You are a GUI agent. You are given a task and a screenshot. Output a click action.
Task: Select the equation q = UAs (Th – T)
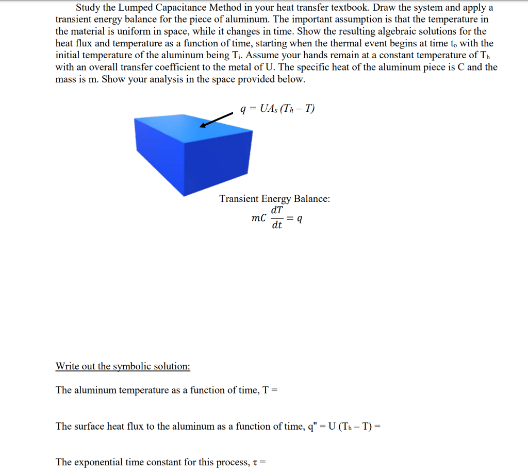click(x=277, y=109)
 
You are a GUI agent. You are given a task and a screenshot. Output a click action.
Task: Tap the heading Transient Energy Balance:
click(x=275, y=199)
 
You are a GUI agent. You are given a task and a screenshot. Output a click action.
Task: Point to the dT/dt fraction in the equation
click(x=277, y=218)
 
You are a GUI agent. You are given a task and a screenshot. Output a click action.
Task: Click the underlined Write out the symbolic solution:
click(x=123, y=366)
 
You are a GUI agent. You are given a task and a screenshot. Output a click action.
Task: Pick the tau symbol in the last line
click(x=256, y=462)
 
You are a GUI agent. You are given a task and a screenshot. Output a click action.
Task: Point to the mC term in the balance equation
click(x=259, y=218)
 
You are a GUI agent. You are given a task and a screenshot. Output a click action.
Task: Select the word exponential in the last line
click(x=98, y=462)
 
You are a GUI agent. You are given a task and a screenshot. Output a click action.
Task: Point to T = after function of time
click(x=270, y=390)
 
